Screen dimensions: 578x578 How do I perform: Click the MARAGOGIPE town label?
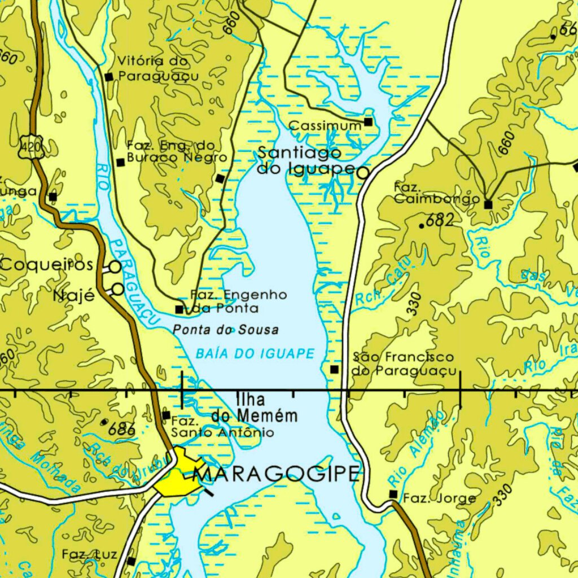[x=276, y=474]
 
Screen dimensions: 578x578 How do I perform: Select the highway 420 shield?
[x=29, y=146]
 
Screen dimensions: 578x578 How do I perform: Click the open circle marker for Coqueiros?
[x=115, y=266]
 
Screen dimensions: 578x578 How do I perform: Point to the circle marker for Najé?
[x=117, y=290]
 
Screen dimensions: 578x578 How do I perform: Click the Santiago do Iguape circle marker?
[x=362, y=173]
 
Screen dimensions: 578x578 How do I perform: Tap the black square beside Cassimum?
[x=369, y=122]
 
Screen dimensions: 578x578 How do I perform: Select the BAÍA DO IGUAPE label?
[x=255, y=354]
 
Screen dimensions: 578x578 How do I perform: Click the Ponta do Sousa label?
[x=226, y=330]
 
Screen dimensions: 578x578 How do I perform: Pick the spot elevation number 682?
[x=440, y=220]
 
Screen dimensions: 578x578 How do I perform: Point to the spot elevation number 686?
[x=121, y=429]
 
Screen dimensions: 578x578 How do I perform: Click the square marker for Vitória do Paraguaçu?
[x=109, y=77]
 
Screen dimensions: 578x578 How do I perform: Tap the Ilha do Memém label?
[x=255, y=408]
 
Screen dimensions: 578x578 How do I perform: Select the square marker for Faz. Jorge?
[x=393, y=494]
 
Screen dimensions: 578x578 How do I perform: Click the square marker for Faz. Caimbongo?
[x=488, y=204]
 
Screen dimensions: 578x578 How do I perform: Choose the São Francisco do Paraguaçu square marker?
[x=334, y=369]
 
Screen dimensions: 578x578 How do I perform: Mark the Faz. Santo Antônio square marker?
[x=166, y=415]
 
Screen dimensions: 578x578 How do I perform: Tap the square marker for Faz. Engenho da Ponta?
[x=179, y=309]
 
